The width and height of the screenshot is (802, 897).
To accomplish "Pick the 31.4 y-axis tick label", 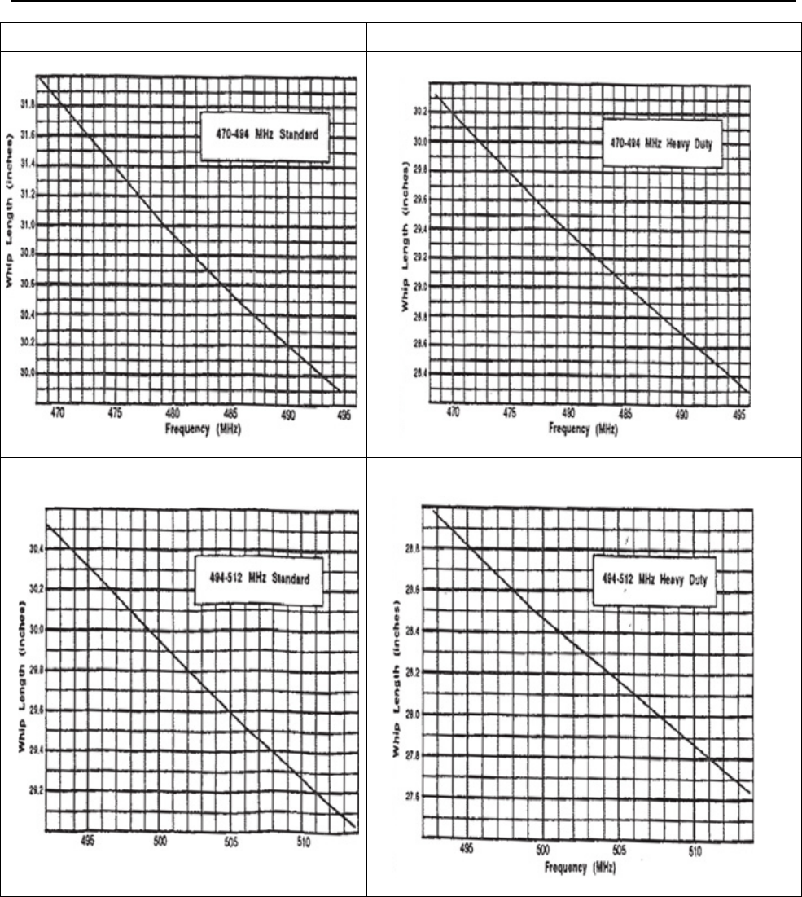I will (x=27, y=164).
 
